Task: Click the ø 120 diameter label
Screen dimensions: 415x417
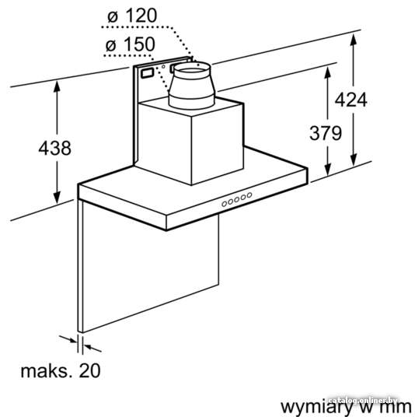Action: (x=132, y=16)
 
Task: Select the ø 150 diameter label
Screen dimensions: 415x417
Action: (x=131, y=44)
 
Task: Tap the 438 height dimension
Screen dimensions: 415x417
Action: (x=54, y=148)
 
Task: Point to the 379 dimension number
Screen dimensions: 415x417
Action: (x=326, y=133)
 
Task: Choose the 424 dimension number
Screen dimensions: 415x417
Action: (x=350, y=100)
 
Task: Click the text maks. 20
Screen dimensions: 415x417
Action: (x=61, y=371)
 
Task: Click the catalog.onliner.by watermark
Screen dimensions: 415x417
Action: (x=363, y=401)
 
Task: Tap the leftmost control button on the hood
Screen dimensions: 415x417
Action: (x=225, y=204)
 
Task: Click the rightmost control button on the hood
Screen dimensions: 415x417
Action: (x=249, y=195)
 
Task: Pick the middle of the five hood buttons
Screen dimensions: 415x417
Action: (x=237, y=199)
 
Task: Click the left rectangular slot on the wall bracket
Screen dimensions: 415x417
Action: (x=147, y=73)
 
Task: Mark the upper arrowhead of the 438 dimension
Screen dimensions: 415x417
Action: (x=57, y=87)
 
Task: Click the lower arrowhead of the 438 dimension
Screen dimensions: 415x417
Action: (x=57, y=198)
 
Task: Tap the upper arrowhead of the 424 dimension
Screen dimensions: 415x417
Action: (x=353, y=40)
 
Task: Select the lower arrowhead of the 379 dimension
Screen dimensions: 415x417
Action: (x=328, y=170)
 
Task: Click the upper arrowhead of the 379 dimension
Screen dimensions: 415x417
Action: (x=328, y=73)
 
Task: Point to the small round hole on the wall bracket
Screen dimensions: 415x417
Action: (x=164, y=66)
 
